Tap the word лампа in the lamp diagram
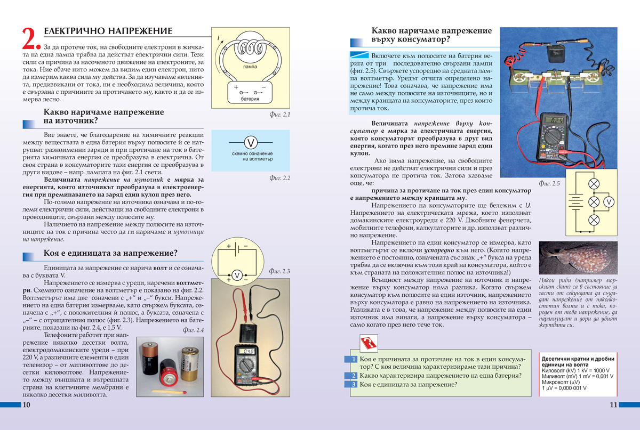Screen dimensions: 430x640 pos(249,68)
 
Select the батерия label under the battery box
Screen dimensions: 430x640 pos(249,99)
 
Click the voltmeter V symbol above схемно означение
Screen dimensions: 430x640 pos(251,142)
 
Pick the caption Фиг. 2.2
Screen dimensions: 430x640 pos(280,178)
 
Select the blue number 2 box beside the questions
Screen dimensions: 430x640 pos(351,375)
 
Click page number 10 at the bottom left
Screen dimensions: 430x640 pos(27,405)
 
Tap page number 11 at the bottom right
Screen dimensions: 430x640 pos(613,405)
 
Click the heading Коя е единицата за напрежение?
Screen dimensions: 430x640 pos(110,253)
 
